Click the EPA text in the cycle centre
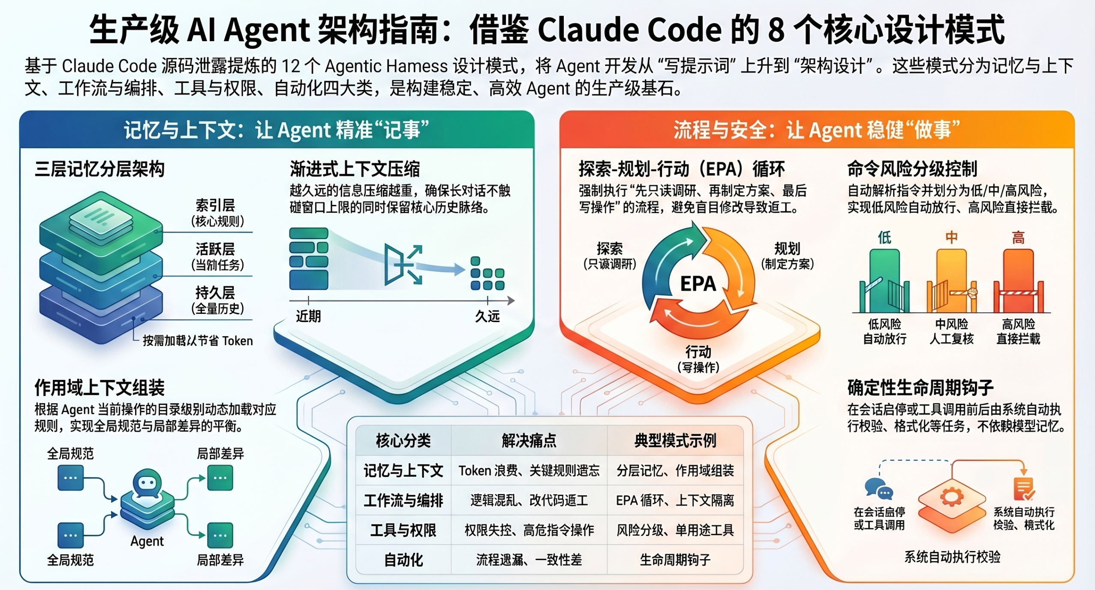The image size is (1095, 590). pos(698,284)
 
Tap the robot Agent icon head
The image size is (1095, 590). pos(147,483)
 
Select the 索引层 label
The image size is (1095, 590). pos(215,206)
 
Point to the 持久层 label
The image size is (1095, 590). pos(215,293)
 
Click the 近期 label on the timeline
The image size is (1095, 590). pos(308,316)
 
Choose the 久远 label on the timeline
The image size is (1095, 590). pos(487,316)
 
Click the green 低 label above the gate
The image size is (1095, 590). pos(884,237)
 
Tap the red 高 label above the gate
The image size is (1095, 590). pos(1018,237)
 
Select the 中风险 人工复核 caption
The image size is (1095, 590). pos(951,331)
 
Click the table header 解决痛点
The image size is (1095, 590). pos(529,440)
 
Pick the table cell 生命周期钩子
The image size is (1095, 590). pos(675,560)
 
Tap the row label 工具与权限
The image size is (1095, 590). pos(403,530)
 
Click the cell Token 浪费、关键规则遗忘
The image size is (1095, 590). pos(529,471)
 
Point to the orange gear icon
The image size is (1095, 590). pos(951,497)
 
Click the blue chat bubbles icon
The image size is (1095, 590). pos(878,490)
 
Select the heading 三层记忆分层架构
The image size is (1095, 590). pos(99,169)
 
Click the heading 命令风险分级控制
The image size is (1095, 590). pos(912,169)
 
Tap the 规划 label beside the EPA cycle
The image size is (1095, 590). pos(787,249)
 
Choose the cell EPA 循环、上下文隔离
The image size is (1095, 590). pos(675,500)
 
